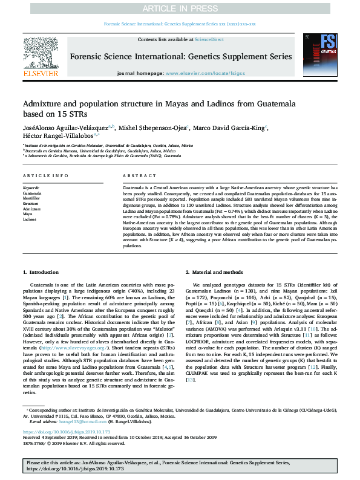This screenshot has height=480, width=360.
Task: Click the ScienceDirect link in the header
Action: pos(209,39)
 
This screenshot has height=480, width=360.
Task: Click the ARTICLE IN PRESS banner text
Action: pos(180,7)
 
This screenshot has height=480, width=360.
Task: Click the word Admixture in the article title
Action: pos(44,104)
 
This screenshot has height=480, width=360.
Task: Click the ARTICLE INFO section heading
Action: pos(45,175)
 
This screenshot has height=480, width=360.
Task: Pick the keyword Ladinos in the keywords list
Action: pos(30,219)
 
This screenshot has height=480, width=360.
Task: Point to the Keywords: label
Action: pos(31,188)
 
